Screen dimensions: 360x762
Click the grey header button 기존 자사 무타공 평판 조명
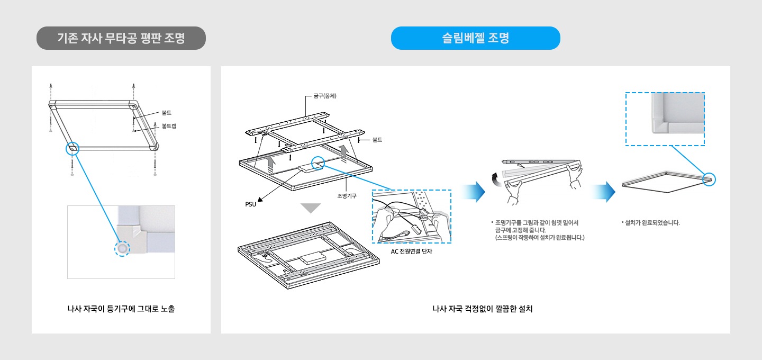121,38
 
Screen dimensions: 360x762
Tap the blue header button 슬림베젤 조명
475,38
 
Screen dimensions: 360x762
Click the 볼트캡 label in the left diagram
169,126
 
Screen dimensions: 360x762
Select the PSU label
251,204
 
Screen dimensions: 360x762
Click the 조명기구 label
347,195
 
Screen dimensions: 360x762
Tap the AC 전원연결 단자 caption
411,251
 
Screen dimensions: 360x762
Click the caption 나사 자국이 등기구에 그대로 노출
121,309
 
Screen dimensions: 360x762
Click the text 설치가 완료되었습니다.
652,223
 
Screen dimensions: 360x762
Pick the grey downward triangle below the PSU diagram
311,208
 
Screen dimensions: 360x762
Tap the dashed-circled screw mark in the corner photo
122,248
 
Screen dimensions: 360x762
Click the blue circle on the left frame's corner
72,148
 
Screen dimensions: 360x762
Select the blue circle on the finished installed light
709,179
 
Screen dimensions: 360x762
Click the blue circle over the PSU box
318,164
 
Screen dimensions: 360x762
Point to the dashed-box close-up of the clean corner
665,119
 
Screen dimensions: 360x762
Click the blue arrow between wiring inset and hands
473,192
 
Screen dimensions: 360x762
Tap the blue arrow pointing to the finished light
604,192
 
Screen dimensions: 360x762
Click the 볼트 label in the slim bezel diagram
377,140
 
